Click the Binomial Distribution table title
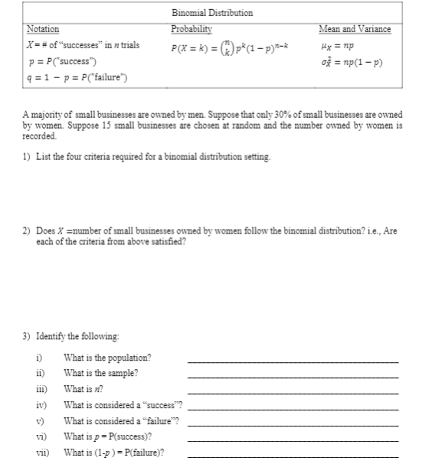214,13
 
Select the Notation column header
42,29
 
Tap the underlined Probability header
190,29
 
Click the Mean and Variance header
353,29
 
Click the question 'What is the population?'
107,358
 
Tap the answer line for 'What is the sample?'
293,377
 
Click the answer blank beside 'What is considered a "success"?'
293,409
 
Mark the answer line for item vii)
293,456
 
